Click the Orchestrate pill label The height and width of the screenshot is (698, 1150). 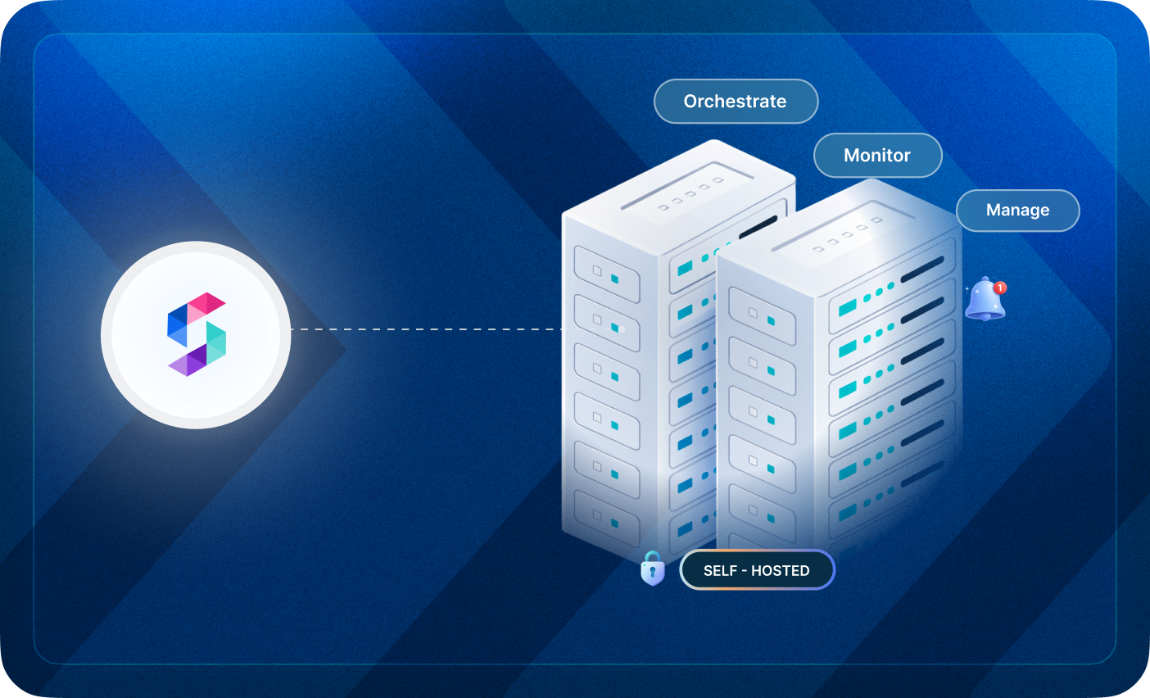click(x=736, y=102)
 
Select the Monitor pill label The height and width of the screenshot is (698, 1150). click(x=877, y=156)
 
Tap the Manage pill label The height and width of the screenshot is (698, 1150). click(x=1017, y=211)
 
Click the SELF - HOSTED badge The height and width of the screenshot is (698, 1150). click(x=757, y=570)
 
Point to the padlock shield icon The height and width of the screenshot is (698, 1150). click(x=652, y=569)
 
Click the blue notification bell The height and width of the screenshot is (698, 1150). click(x=984, y=301)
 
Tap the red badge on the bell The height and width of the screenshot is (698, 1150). click(x=1000, y=288)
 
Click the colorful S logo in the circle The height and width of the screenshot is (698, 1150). click(x=196, y=334)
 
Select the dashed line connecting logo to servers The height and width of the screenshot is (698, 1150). click(x=426, y=329)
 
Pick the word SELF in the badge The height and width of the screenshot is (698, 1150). click(x=720, y=571)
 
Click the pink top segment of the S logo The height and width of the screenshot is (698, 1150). click(x=205, y=303)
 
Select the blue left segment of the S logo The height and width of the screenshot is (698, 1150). click(x=177, y=326)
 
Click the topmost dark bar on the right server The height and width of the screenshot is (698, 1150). click(x=922, y=269)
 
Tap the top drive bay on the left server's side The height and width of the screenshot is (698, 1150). click(x=606, y=273)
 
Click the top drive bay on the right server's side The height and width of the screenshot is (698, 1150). click(x=762, y=315)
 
